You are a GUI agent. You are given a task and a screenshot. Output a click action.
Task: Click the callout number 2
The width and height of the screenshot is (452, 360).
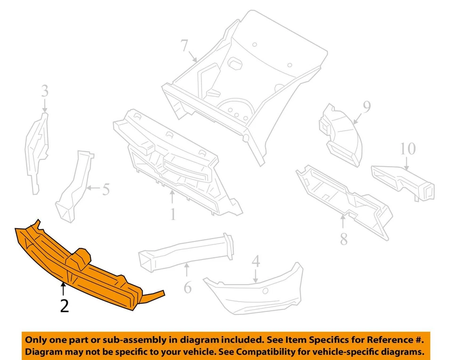(65, 306)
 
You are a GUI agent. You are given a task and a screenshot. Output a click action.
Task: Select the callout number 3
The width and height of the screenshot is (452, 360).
(44, 91)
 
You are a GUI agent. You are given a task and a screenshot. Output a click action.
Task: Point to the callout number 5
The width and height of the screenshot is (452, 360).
(105, 190)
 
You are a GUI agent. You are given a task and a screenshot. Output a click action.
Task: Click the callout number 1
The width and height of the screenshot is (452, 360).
(173, 215)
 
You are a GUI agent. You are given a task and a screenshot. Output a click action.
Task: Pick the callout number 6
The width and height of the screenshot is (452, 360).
(187, 287)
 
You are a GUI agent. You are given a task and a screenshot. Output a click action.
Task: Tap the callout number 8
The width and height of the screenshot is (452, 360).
(344, 239)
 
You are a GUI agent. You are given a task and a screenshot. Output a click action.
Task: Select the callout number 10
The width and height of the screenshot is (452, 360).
(408, 149)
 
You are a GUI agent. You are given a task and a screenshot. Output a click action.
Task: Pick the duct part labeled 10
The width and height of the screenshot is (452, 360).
(405, 181)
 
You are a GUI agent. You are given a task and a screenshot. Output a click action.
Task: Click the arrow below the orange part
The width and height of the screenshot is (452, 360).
(63, 288)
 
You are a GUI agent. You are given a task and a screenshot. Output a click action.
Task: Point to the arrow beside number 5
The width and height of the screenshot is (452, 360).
(92, 189)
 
